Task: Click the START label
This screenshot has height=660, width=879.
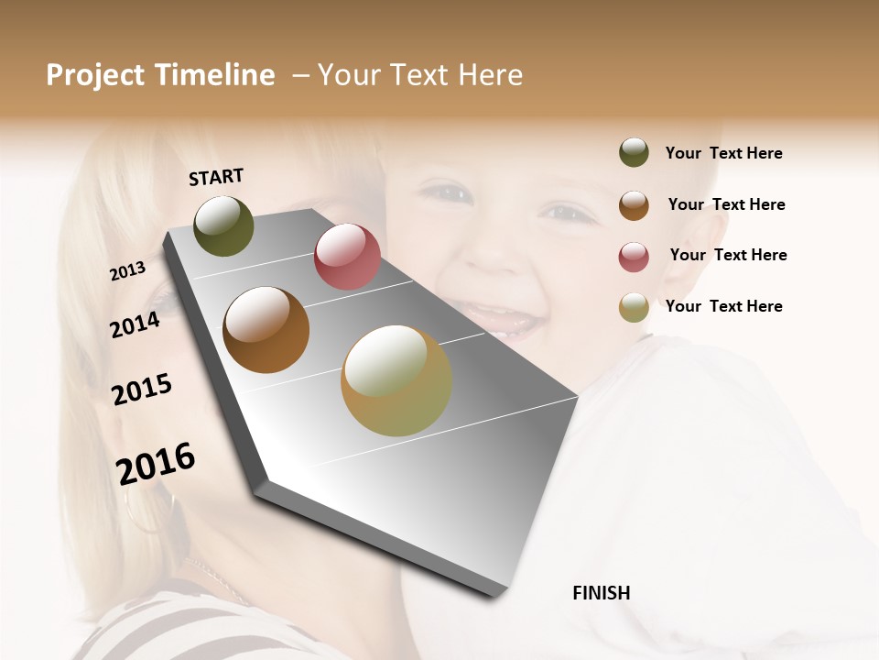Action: [216, 177]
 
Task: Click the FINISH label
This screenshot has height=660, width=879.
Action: [602, 593]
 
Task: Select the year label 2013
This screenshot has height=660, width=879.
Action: [127, 271]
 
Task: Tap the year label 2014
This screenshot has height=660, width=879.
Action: [135, 324]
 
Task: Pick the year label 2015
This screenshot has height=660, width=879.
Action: [142, 390]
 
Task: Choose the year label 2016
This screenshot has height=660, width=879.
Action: [156, 463]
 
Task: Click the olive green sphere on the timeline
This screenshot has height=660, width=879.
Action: [224, 226]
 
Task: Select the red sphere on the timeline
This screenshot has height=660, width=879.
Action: [347, 257]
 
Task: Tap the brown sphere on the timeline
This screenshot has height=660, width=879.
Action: [266, 330]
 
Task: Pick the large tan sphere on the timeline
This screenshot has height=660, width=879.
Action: [396, 380]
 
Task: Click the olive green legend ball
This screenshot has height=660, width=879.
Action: [634, 153]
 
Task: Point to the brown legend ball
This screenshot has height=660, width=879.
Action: [634, 205]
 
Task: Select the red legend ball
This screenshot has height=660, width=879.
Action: [634, 257]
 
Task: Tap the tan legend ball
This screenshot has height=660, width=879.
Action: [634, 307]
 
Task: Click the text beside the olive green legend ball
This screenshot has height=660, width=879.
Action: [723, 154]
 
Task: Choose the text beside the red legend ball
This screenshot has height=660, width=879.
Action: [728, 255]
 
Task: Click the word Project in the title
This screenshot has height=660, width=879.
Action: [95, 75]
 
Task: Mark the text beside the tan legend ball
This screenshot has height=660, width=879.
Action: [723, 306]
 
